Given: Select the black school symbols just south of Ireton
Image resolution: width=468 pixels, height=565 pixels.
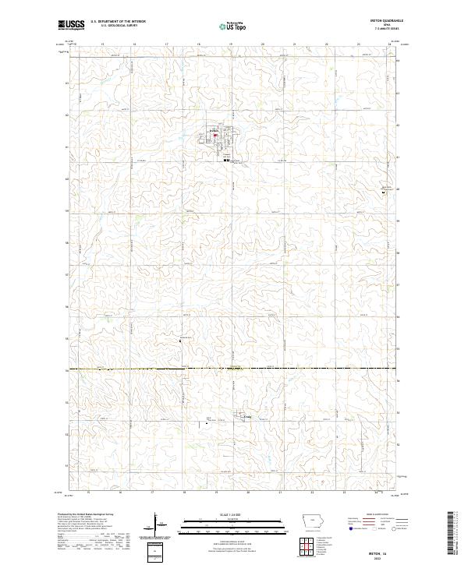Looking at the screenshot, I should [x=226, y=161].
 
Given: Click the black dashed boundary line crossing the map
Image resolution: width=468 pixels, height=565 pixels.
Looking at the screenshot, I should [x=234, y=369].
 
